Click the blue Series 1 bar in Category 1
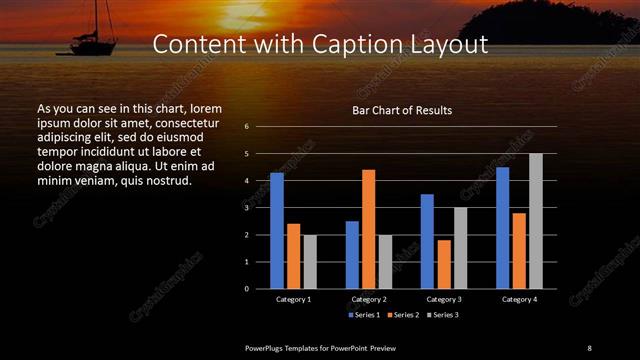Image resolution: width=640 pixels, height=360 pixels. (277, 231)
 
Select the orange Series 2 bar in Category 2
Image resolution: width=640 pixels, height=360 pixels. (368, 229)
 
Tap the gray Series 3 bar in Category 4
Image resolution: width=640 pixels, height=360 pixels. (535, 221)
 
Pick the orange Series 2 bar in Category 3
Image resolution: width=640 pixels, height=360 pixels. (443, 264)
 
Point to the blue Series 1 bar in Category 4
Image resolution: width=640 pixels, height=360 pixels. (502, 228)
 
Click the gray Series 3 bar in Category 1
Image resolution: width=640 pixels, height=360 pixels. (310, 262)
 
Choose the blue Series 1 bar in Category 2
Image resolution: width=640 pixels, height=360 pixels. (352, 255)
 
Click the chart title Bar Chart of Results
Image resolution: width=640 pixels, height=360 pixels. (402, 110)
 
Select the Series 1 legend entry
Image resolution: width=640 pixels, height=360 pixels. (364, 314)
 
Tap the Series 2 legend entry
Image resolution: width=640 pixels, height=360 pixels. (402, 314)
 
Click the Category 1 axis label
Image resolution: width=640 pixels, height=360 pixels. (293, 299)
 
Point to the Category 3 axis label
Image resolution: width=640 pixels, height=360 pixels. (443, 299)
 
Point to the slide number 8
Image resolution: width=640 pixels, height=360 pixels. (589, 347)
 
